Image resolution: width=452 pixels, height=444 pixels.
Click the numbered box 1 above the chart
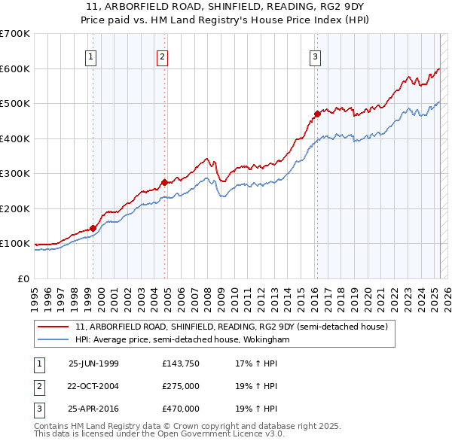click(x=90, y=56)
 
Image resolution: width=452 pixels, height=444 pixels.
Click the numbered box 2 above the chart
click(x=163, y=56)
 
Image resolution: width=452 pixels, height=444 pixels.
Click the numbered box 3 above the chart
click(x=315, y=56)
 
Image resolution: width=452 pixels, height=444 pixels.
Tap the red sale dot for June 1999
click(x=93, y=228)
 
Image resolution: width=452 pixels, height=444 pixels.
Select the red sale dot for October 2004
click(x=165, y=182)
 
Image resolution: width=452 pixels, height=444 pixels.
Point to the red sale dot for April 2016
click(x=318, y=114)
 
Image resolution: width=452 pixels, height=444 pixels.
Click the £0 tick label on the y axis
click(x=23, y=278)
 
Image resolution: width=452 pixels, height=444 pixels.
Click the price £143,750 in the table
click(x=179, y=363)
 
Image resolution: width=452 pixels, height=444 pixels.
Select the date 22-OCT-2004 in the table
click(x=93, y=386)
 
